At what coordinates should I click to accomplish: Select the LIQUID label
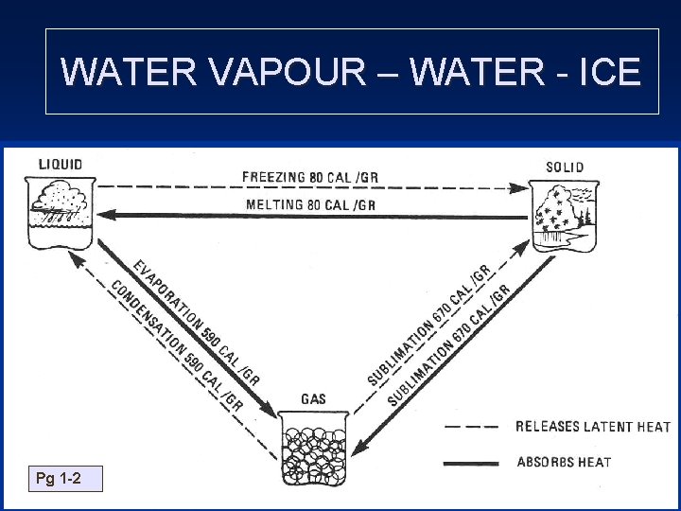(61, 164)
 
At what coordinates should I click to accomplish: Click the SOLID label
(565, 167)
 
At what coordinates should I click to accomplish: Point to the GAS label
(313, 399)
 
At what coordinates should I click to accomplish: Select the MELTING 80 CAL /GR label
(310, 204)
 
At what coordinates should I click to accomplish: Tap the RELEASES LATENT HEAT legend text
(592, 427)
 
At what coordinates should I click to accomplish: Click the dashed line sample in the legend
(472, 427)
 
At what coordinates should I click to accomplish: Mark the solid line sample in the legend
(472, 463)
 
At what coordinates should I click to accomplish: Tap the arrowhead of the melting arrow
(106, 216)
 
